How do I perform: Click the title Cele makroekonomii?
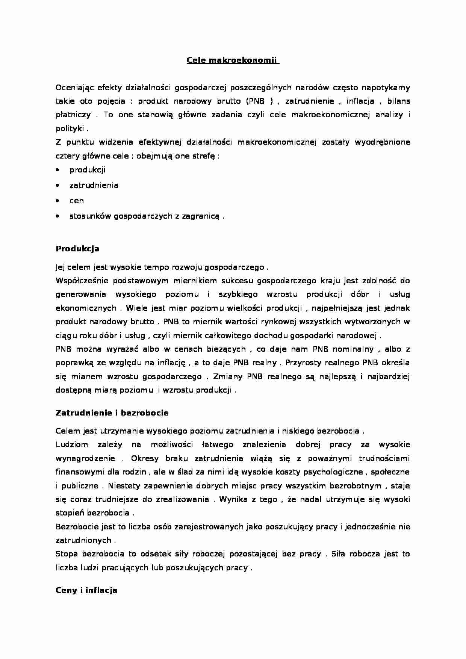[x=232, y=60]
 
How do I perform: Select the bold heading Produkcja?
[x=77, y=249]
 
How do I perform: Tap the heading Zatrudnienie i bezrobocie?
[x=112, y=413]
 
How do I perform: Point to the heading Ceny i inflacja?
[x=86, y=590]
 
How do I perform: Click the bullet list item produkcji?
[x=87, y=170]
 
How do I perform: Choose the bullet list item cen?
[x=77, y=201]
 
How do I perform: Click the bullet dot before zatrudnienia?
[x=57, y=185]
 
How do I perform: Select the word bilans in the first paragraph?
[x=399, y=101]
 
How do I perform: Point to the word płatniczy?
[x=73, y=115]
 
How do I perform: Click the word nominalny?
[x=352, y=349]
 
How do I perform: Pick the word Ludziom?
[x=72, y=445]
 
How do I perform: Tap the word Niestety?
[x=123, y=486]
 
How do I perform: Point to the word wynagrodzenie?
[x=85, y=458]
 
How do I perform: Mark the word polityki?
[x=70, y=129]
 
